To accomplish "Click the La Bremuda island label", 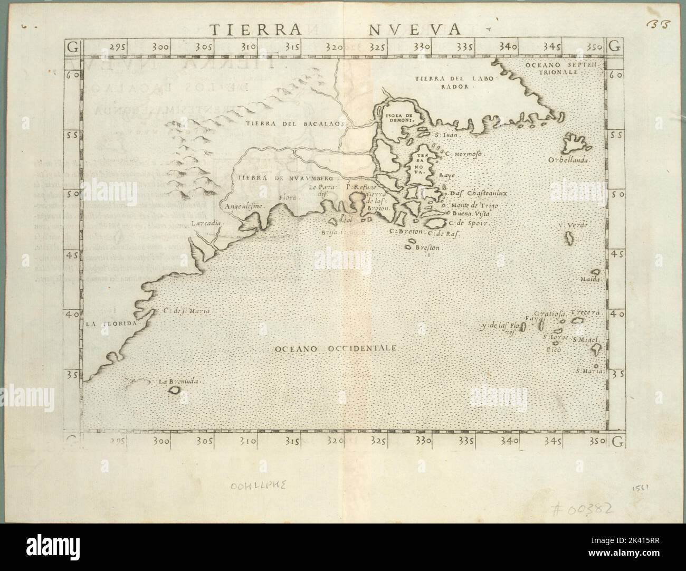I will (x=181, y=381).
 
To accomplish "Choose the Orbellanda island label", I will (x=569, y=160).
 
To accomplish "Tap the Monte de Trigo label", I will (x=474, y=205).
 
